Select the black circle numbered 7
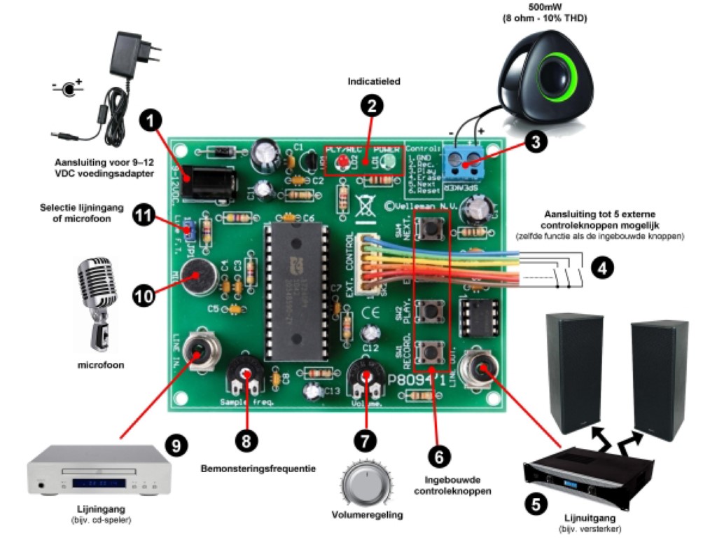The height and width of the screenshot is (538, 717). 364,439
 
